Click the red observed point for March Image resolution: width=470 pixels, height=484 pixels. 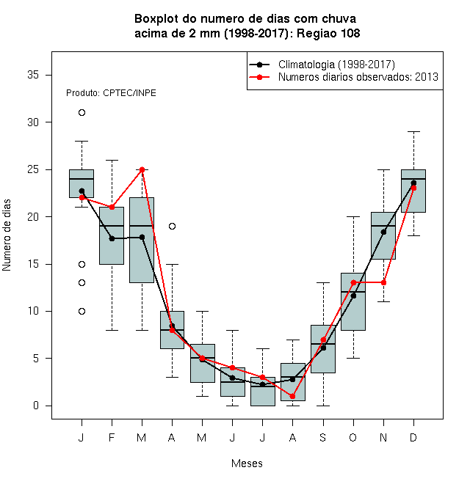click(142, 170)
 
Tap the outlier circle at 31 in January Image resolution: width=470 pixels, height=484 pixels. click(82, 113)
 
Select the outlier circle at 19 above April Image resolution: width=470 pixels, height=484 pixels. click(173, 227)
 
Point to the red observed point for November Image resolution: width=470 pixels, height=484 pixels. click(383, 283)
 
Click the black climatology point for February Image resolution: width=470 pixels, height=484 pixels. click(112, 238)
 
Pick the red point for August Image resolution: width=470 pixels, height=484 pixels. click(292, 396)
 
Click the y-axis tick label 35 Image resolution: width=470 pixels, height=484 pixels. click(33, 75)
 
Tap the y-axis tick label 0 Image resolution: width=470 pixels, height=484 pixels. click(36, 406)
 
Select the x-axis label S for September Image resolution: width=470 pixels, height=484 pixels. click(323, 437)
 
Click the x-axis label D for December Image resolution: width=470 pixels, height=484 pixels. click(413, 437)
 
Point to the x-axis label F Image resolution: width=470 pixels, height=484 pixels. click(112, 437)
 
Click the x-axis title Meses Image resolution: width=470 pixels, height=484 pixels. click(247, 463)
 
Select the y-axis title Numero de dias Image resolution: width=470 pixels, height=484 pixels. click(7, 235)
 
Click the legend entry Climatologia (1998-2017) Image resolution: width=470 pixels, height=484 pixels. click(336, 65)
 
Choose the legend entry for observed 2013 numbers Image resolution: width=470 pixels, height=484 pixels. click(358, 77)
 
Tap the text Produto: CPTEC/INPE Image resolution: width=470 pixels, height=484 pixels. click(111, 93)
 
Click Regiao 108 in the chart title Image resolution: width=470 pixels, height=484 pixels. click(328, 33)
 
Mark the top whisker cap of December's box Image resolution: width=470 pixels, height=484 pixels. click(413, 131)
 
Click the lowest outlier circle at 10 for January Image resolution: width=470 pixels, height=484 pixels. click(82, 311)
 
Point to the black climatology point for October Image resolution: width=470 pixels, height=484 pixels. click(353, 296)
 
